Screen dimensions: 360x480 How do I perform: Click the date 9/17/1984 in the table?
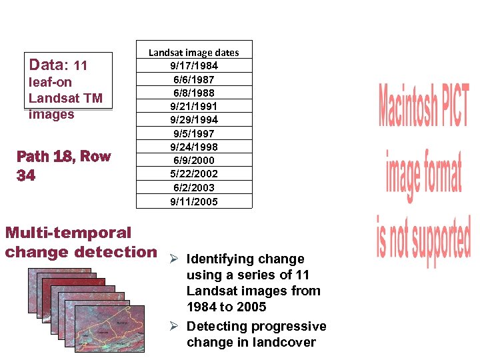pyautogui.click(x=193, y=65)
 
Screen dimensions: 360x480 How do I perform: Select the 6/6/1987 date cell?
pyautogui.click(x=193, y=79)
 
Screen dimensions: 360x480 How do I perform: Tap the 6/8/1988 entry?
pyautogui.click(x=193, y=93)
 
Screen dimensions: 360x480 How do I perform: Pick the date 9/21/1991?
pyautogui.click(x=193, y=106)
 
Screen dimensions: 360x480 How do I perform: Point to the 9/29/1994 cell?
pyautogui.click(x=193, y=120)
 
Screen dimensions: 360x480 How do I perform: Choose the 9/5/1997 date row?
pyautogui.click(x=193, y=133)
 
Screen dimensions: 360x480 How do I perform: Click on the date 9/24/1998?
pyautogui.click(x=193, y=147)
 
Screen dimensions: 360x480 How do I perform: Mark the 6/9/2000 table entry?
pyautogui.click(x=193, y=160)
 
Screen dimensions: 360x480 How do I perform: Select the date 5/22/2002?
pyautogui.click(x=193, y=174)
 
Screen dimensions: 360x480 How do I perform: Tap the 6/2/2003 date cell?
pyautogui.click(x=193, y=187)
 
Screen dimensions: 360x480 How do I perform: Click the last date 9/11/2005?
pyautogui.click(x=193, y=201)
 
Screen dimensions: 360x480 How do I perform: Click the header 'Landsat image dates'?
pyautogui.click(x=193, y=52)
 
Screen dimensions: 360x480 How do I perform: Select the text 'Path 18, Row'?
pyautogui.click(x=63, y=157)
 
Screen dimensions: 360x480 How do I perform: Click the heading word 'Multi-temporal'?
pyautogui.click(x=68, y=233)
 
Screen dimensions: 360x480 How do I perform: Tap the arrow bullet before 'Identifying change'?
pyautogui.click(x=173, y=259)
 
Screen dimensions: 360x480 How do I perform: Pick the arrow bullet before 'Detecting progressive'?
pyautogui.click(x=173, y=326)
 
